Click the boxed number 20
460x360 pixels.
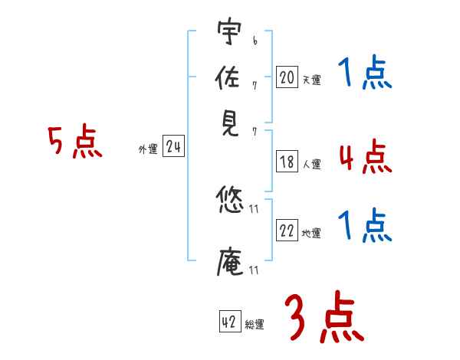click(x=287, y=77)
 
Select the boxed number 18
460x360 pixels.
click(x=287, y=162)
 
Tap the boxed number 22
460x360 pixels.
click(x=287, y=231)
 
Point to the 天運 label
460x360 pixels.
click(x=311, y=80)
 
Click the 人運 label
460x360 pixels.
click(x=311, y=164)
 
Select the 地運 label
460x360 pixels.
click(x=311, y=234)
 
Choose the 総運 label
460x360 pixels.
click(x=255, y=326)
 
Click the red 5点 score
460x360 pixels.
click(x=75, y=142)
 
